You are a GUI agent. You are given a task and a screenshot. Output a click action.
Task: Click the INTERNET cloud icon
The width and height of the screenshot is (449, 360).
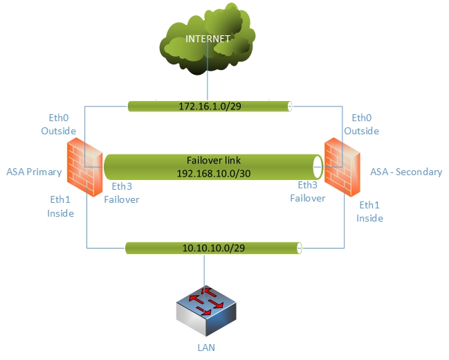click(207, 44)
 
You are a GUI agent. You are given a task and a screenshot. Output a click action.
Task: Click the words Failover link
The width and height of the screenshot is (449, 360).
click(212, 159)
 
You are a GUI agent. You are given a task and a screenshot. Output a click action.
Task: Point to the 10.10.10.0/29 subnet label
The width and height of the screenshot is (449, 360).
click(212, 248)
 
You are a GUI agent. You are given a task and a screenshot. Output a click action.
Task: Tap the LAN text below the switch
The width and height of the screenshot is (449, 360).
click(205, 347)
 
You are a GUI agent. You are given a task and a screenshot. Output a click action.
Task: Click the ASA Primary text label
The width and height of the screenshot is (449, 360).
click(34, 172)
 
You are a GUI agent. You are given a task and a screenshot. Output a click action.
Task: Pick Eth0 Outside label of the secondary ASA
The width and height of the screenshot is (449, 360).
click(362, 125)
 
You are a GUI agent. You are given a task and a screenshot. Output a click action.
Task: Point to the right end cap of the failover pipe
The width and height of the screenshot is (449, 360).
click(318, 166)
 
